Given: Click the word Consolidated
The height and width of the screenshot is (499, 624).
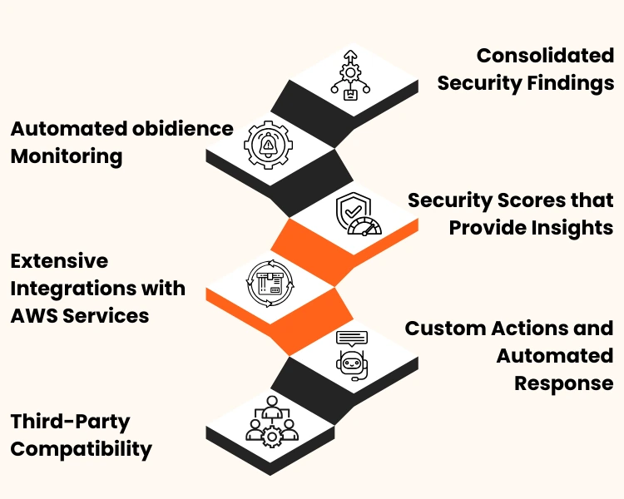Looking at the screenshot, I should click(545, 57).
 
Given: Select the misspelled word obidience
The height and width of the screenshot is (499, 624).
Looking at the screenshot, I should click(183, 129).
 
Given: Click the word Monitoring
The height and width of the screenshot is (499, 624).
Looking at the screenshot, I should click(67, 156).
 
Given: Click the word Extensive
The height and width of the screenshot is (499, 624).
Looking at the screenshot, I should click(59, 261).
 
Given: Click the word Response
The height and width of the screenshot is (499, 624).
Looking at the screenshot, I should click(564, 383).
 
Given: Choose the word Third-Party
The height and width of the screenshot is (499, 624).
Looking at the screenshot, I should click(71, 422).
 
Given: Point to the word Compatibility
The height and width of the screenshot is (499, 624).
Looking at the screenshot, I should click(82, 450).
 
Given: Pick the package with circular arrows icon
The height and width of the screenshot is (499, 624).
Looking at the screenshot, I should click(269, 283).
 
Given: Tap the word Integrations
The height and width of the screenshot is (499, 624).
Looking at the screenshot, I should click(98, 289).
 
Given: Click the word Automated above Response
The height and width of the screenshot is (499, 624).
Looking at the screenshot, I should click(555, 355).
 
